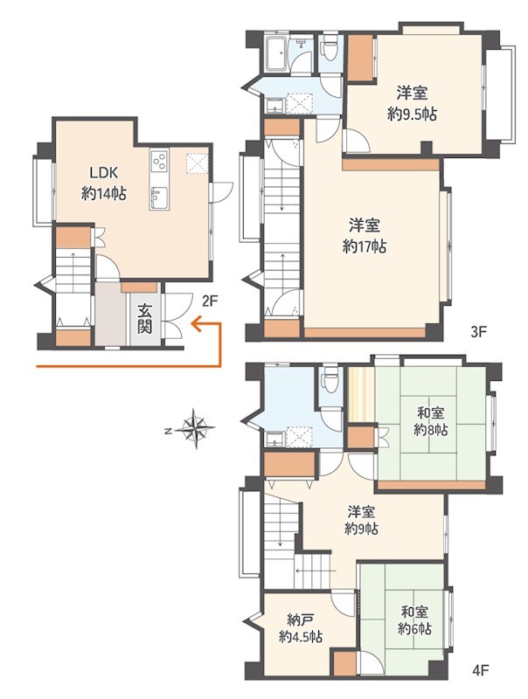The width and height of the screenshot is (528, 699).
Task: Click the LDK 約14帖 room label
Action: (x=103, y=183)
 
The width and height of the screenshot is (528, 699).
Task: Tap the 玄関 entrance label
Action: (x=144, y=319)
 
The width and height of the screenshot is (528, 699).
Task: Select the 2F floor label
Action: (x=209, y=301)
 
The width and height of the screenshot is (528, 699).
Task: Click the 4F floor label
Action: (x=481, y=669)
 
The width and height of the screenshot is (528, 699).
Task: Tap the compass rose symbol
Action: (x=195, y=429)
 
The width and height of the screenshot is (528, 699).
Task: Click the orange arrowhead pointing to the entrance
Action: (x=195, y=323)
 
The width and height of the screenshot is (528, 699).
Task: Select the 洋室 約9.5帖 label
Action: (x=412, y=104)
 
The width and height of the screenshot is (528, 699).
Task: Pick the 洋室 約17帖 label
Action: (x=365, y=236)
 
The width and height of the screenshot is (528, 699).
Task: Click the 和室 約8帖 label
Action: (x=430, y=421)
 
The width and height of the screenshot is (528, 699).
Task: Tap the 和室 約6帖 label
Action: (x=414, y=620)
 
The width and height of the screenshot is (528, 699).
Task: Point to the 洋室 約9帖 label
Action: (x=362, y=520)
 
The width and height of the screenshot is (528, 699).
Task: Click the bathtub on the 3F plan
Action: (x=276, y=54)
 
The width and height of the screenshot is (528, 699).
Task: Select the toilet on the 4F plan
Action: (x=330, y=380)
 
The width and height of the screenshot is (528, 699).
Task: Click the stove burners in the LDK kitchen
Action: (x=160, y=162)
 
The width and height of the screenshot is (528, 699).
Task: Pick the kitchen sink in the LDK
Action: (x=159, y=196)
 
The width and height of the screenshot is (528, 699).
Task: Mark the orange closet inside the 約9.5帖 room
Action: (x=360, y=58)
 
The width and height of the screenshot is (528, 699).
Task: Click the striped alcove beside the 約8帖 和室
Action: (x=361, y=394)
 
